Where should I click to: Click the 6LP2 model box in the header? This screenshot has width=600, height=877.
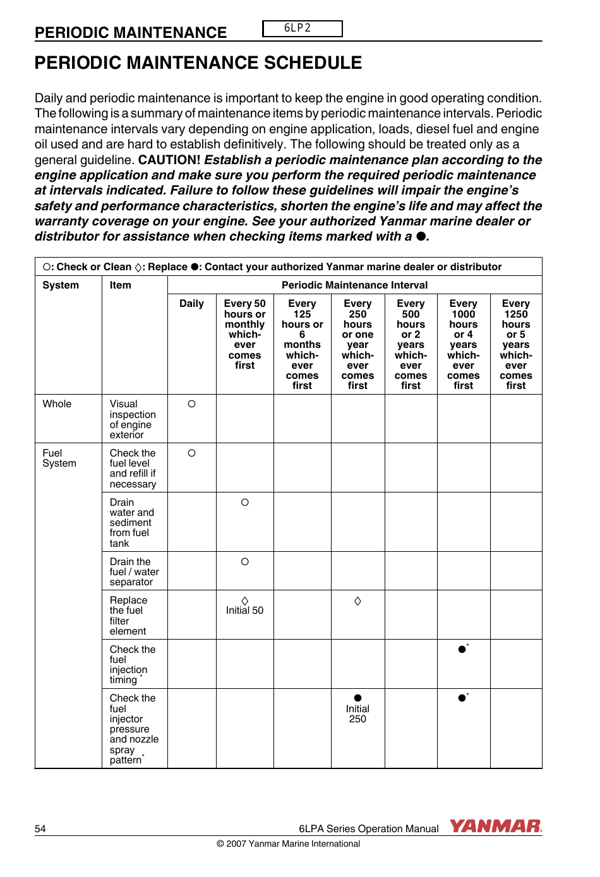coord(302,28)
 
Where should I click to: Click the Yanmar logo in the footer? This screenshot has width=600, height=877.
coord(496,826)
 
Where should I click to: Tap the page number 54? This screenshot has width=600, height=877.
coord(40,829)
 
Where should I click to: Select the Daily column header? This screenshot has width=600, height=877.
coord(191,304)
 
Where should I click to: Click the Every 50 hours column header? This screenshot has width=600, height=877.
coord(244,334)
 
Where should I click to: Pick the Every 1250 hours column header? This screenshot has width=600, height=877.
coord(515,344)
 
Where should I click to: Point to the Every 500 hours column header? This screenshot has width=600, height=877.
coord(411,344)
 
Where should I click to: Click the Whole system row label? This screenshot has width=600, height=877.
coord(57,404)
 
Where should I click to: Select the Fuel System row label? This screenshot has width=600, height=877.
coord(59,458)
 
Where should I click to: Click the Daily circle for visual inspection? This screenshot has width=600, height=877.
coord(191,404)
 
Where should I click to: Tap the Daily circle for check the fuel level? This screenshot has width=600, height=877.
coord(191,453)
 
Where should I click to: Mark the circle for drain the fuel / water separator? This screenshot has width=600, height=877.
coord(244,562)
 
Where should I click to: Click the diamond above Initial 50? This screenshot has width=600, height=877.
coord(244,601)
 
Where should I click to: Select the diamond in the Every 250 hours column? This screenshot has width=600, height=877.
coord(357,601)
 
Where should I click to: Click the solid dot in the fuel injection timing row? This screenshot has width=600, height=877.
coord(462,649)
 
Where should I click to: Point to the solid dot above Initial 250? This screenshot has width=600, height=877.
coord(357,698)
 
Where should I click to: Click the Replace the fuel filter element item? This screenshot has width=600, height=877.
coord(128,616)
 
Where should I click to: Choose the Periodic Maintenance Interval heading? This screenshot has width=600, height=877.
coord(354,285)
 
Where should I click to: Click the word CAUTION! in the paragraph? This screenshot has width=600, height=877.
coord(169,160)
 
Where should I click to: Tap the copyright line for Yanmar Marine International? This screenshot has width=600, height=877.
coord(288,844)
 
